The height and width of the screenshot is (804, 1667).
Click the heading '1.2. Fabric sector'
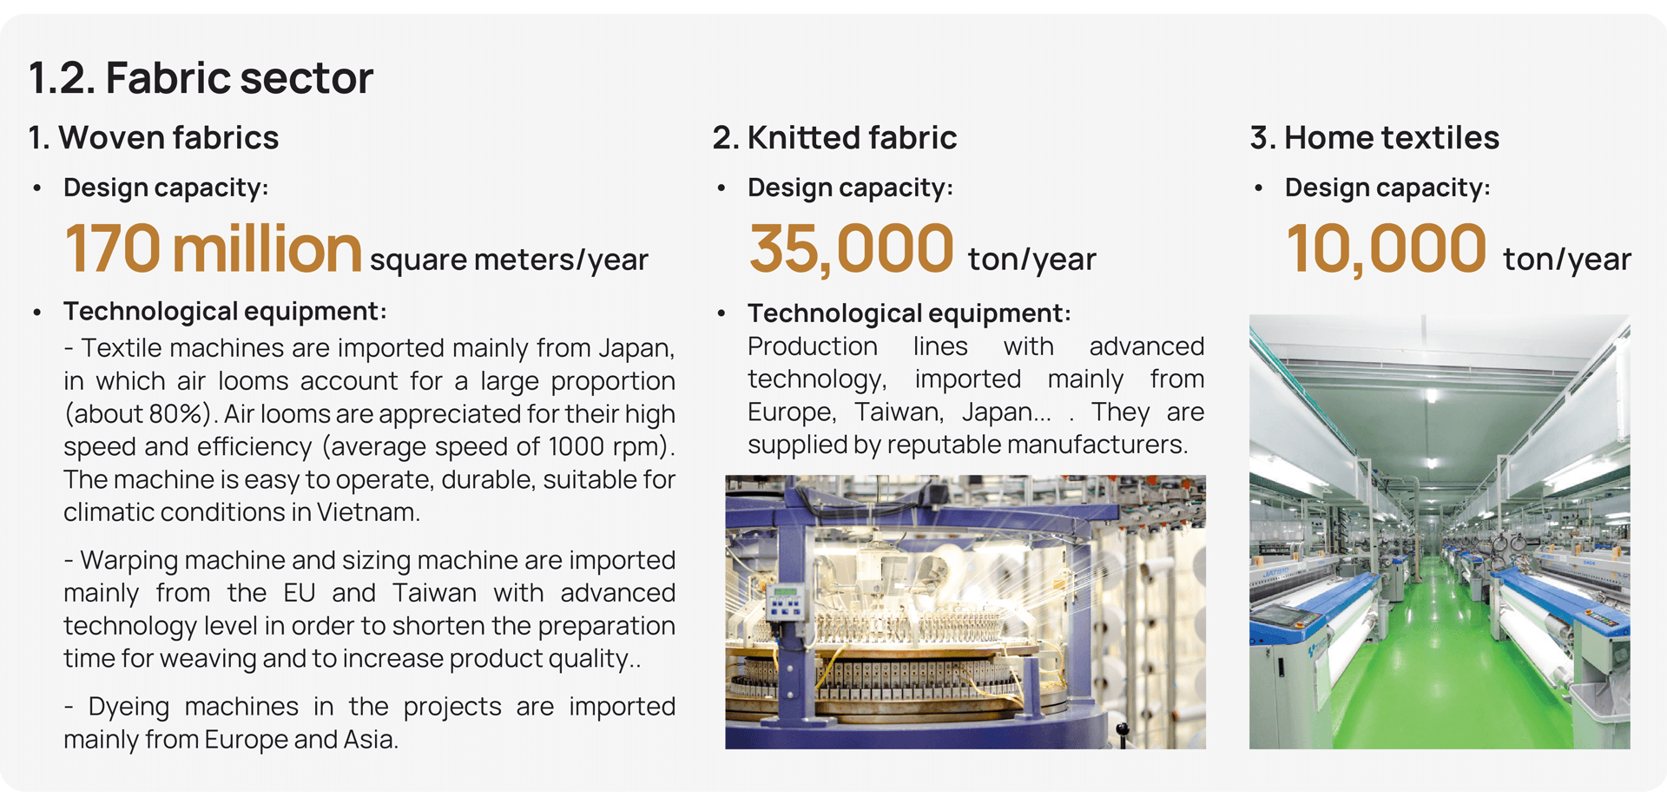201,78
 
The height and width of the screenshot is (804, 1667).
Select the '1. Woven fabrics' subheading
154,138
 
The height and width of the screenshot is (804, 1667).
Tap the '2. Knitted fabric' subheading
834,138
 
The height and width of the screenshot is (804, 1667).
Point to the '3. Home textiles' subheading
1374,138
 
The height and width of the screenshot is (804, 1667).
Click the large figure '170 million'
213,249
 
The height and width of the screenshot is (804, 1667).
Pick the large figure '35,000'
851,250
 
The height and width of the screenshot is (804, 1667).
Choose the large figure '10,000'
1386,250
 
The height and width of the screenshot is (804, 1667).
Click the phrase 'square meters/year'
509,260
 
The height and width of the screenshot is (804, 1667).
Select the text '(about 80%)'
139,414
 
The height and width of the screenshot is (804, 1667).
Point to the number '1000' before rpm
576,446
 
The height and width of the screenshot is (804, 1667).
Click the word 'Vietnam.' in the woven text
368,512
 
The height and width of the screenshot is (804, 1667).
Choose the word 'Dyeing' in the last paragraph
128,708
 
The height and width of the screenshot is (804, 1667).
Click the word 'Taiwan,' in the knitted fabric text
899,412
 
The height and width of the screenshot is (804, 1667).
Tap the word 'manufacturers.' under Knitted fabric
1097,445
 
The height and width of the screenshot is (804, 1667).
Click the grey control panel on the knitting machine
785,603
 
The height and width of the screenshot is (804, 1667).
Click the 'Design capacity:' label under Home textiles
1387,188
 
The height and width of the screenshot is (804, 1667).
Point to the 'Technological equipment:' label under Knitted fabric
909,313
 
